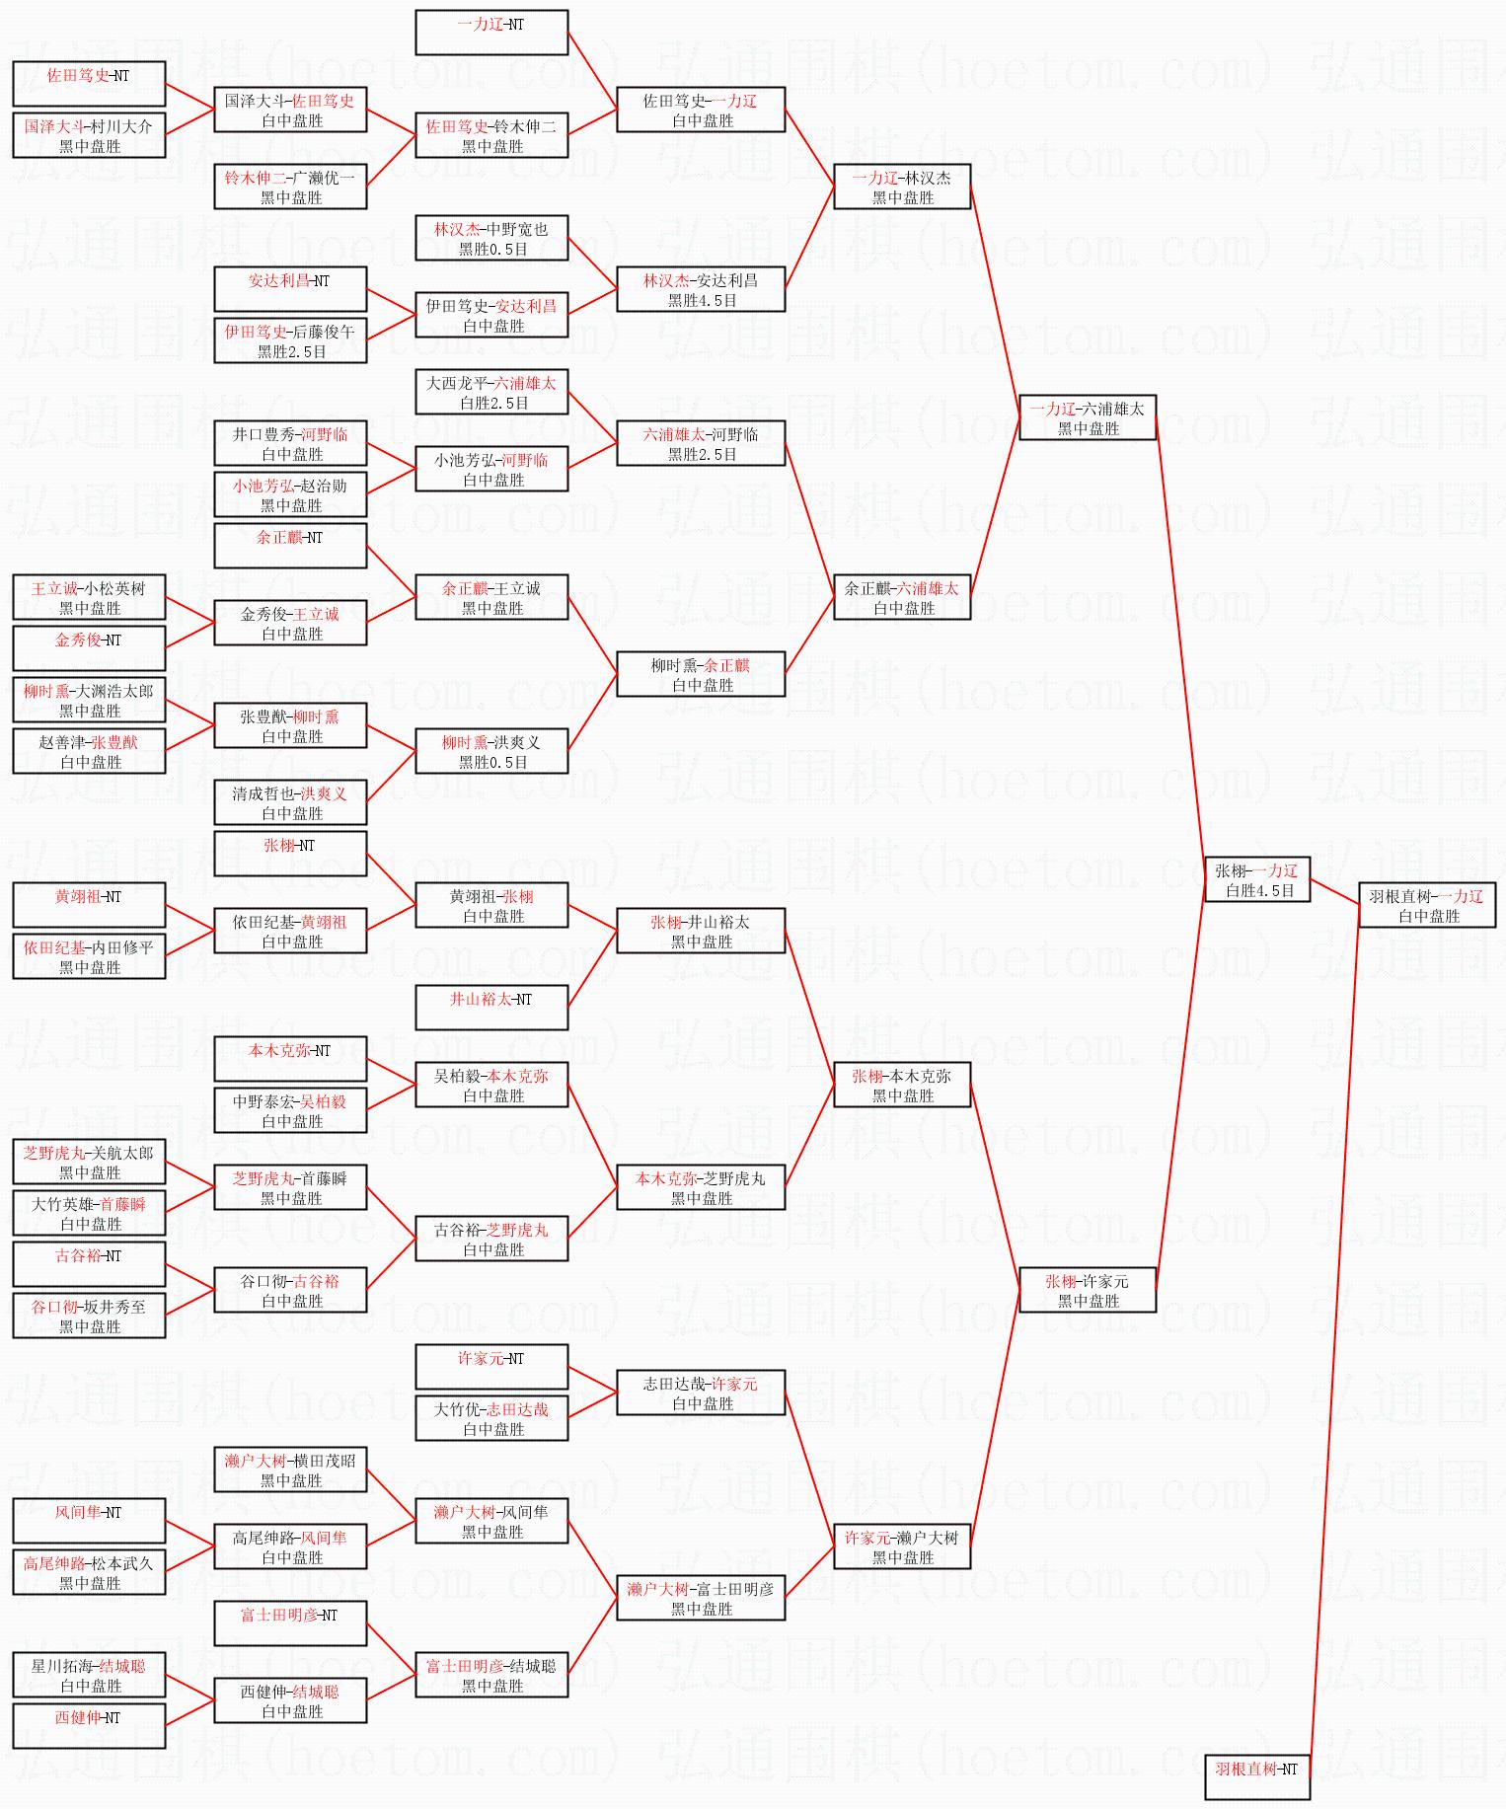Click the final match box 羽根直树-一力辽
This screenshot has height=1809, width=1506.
[1427, 905]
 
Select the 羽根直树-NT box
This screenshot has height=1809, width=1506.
[1256, 1776]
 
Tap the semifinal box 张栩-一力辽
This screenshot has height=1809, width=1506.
[1256, 879]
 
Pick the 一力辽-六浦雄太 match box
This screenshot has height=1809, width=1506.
[1087, 417]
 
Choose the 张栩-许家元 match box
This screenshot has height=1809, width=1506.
[1087, 1290]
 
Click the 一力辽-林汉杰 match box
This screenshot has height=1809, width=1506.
[902, 187]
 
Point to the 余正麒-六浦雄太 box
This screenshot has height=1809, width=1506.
[902, 597]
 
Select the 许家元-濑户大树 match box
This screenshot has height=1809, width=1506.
[902, 1546]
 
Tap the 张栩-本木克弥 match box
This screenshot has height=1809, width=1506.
[902, 1085]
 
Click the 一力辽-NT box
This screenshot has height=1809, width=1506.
[491, 33]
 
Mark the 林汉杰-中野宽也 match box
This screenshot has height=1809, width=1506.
[491, 238]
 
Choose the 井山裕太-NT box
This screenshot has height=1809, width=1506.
[491, 1008]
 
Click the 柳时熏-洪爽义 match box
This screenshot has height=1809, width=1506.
[491, 751]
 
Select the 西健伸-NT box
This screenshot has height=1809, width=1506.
[89, 1726]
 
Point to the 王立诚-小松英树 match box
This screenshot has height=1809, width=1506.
[89, 597]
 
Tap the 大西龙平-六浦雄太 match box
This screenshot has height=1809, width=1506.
[491, 392]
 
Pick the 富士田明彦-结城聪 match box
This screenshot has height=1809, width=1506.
[491, 1675]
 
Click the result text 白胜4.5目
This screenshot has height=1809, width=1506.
[1260, 890]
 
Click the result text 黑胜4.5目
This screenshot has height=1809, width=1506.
[702, 300]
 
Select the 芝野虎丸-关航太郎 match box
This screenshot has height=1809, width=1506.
[89, 1162]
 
